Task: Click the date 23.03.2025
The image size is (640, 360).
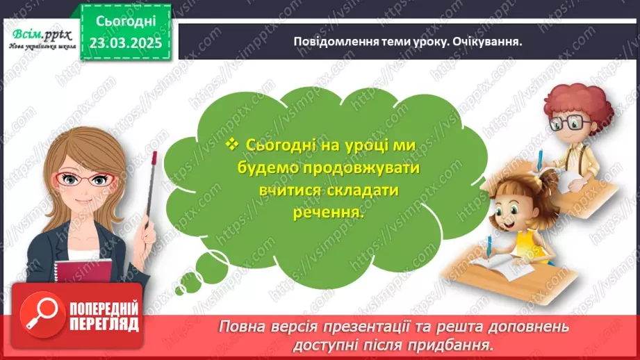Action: tap(124, 42)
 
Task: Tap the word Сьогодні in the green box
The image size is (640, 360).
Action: tap(124, 21)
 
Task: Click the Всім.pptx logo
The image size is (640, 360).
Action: tap(39, 33)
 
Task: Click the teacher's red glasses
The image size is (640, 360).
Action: tap(88, 179)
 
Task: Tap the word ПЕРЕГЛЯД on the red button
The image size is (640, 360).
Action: tap(103, 325)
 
